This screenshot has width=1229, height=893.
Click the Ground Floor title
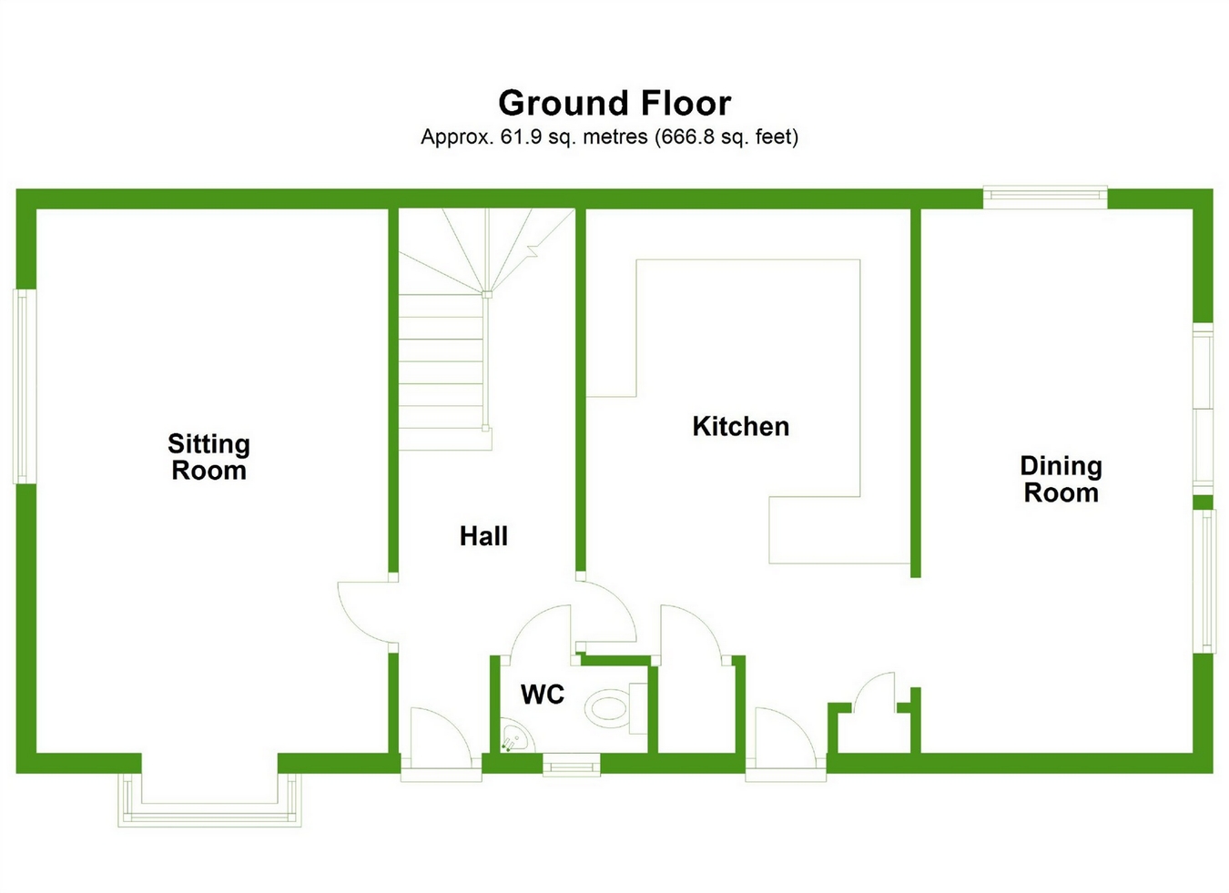click(614, 104)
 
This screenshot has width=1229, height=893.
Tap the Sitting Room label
click(208, 457)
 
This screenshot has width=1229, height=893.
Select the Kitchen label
click(740, 426)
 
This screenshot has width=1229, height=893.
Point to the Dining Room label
click(1061, 480)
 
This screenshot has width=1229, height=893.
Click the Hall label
click(483, 536)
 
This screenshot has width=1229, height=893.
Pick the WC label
click(543, 695)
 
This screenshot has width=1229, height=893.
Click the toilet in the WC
click(608, 708)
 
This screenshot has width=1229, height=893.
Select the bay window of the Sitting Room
click(209, 801)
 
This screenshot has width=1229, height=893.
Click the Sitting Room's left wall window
click(25, 386)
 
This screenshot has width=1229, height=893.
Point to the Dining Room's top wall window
click(1045, 197)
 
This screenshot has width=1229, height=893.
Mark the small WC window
click(572, 765)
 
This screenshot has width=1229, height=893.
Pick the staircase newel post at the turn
click(487, 294)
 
